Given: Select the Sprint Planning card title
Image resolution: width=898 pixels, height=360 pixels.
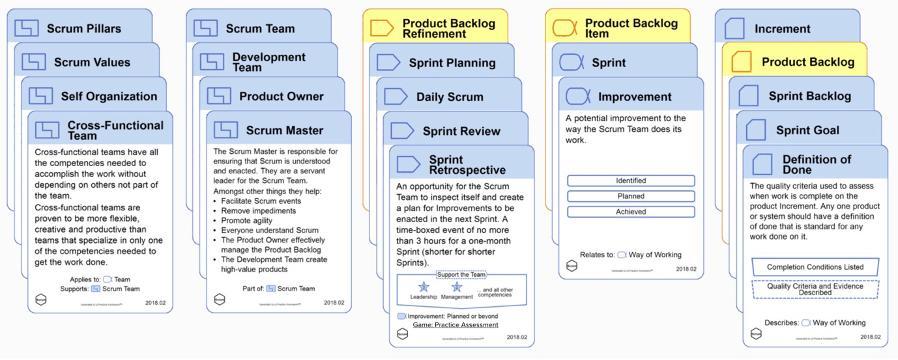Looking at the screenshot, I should coord(452,63).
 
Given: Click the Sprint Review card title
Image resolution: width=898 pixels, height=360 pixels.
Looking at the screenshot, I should coord(461,131).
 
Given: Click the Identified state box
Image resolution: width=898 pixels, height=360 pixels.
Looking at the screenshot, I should coord(630,181).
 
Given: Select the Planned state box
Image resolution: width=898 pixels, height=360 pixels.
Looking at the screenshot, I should coord(630,197).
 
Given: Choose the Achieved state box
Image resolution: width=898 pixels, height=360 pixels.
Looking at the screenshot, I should coord(630,212).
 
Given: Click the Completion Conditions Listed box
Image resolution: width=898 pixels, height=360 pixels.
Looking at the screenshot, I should coord(815,267).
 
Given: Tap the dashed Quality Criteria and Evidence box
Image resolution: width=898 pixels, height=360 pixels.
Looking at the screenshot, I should coord(815,288).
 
